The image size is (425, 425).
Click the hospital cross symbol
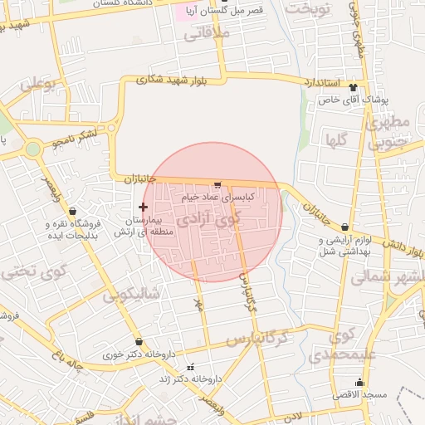click(143, 207)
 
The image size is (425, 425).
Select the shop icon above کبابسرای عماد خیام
click(217, 184)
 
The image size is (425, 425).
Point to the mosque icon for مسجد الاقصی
click(359, 382)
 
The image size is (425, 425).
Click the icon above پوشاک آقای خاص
click(354, 87)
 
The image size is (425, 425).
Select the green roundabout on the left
click(33, 149)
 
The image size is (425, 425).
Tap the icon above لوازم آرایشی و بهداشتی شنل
click(344, 227)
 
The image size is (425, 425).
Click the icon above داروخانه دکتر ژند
click(192, 366)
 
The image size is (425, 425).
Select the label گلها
click(336, 139)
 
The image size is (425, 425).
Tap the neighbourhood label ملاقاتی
click(204, 36)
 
